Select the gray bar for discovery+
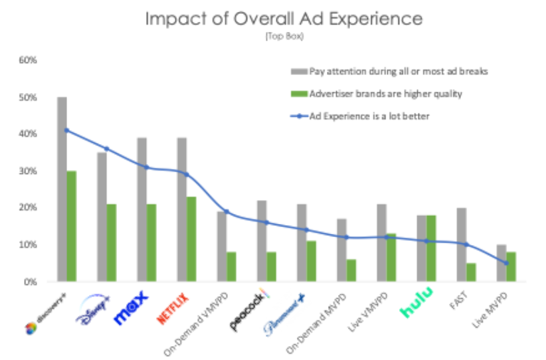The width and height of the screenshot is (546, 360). pyautogui.click(x=62, y=189)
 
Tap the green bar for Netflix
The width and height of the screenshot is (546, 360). pyautogui.click(x=191, y=239)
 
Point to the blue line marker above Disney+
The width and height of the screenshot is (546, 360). pyautogui.click(x=106, y=149)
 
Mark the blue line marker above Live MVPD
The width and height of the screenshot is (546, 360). pyautogui.click(x=506, y=263)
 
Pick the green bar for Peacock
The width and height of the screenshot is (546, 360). pyautogui.click(x=272, y=267)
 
